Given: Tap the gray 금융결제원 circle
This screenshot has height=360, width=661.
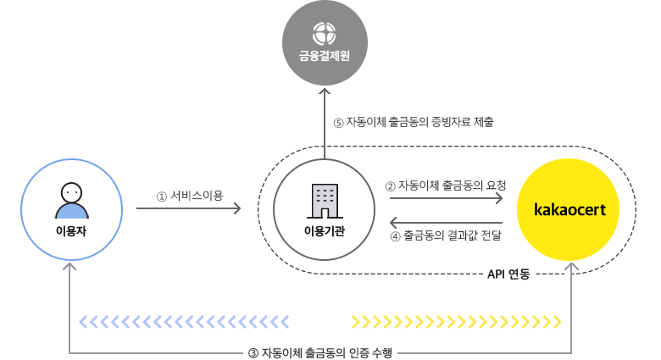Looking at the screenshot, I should coord(325,42).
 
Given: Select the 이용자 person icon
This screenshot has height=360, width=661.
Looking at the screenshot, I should coord(71,201).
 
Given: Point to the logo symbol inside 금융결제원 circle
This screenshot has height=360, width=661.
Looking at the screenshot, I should coord(325,33).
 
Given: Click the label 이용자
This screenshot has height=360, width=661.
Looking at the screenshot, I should coord(71,230).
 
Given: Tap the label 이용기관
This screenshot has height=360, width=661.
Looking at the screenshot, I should coord(325,230).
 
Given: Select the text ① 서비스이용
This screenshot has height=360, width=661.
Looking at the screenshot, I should coord(190,196).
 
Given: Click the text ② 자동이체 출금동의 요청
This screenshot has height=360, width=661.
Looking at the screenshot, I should coord(445,186).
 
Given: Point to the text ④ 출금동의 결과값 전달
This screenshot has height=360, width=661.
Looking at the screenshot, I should coord(445,236).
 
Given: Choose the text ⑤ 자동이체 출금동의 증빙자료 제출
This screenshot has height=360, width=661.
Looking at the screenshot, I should coord(414,122).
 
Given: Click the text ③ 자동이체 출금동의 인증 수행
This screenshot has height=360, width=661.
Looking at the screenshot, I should coord(320,352).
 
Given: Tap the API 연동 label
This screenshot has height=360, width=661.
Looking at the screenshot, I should coord(508,274).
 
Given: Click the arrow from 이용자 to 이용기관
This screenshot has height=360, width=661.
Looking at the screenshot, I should coord(188,207).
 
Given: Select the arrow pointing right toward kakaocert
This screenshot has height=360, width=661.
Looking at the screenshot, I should coord(445,199).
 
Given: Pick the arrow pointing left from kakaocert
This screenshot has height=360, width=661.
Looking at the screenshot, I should coord(445,223).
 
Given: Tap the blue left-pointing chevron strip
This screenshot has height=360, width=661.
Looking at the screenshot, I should coord(184,321).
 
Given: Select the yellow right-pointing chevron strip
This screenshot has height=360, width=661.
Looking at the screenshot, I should coord(456,321).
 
